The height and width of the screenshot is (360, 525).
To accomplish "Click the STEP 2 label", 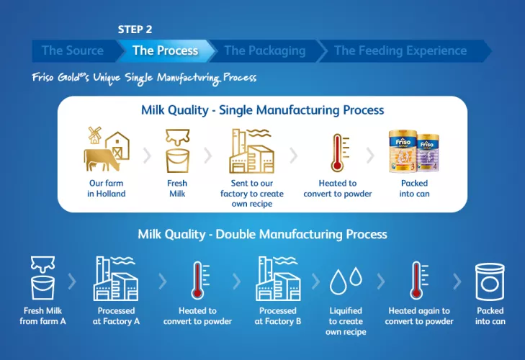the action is point(135,30).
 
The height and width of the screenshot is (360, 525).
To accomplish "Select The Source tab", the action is point(73,50).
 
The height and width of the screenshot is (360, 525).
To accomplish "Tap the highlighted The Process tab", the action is point(166,50).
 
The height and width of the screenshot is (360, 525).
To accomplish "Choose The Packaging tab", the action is point(265,50).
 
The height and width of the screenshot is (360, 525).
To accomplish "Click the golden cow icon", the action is point(100,159).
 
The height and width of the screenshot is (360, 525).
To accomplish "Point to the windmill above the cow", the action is point(95,135).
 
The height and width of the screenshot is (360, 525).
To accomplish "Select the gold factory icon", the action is point(252,151).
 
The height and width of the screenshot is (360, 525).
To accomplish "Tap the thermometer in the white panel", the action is point(339,153).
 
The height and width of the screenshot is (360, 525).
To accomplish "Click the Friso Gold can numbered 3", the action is point(403,151).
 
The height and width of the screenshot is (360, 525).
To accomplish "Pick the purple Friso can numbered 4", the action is point(428,153).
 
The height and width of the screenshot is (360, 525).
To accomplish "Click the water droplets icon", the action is point(346,281).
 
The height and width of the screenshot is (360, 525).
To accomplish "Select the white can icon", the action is point(490,282).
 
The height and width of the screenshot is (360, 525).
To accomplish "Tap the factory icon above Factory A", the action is point(115,279).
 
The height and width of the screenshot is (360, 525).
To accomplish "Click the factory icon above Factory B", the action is point(278,279).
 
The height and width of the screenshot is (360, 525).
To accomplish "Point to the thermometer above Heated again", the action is point(418,281).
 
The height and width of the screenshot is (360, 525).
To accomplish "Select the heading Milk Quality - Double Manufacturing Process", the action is point(262,234).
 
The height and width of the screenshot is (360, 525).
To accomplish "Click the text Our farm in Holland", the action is point(107,188).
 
